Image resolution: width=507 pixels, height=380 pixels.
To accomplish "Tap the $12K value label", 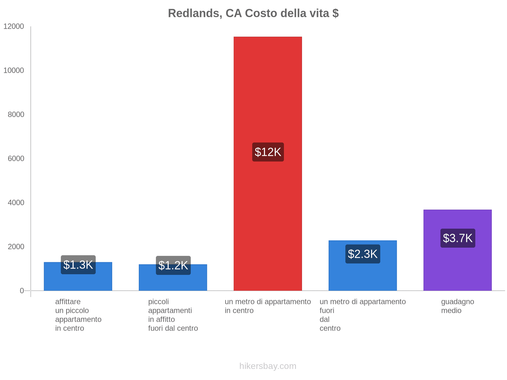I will coord(268,152).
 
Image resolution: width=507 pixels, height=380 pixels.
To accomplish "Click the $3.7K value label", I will coord(458,238).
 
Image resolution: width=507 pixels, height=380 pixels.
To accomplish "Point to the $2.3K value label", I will coord(363,254).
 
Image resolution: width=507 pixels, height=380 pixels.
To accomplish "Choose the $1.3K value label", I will coord(78,265).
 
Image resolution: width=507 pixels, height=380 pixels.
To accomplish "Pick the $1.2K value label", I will coord(173,265).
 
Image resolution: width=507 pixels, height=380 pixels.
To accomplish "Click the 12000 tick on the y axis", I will coord(14,26).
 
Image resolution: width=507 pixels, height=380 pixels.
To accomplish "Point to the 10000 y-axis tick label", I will coord(14,70).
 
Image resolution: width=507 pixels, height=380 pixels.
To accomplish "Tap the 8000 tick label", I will coord(16,114).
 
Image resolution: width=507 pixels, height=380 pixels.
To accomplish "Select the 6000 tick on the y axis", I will coord(16,158).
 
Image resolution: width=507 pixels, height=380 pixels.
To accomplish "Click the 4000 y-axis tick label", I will coord(16,202).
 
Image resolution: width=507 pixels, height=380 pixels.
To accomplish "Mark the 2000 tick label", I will coord(16,246).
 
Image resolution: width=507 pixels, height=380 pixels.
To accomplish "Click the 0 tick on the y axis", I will coord(22,290).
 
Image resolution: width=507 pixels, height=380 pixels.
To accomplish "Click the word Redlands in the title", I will coord(195,13).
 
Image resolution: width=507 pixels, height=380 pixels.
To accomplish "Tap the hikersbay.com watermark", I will coord(268,366).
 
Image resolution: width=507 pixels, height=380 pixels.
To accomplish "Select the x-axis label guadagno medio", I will coord(457,306).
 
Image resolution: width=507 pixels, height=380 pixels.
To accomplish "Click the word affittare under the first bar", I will coord(68,301).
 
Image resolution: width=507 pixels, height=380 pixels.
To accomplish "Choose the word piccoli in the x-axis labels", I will coord(158,301).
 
